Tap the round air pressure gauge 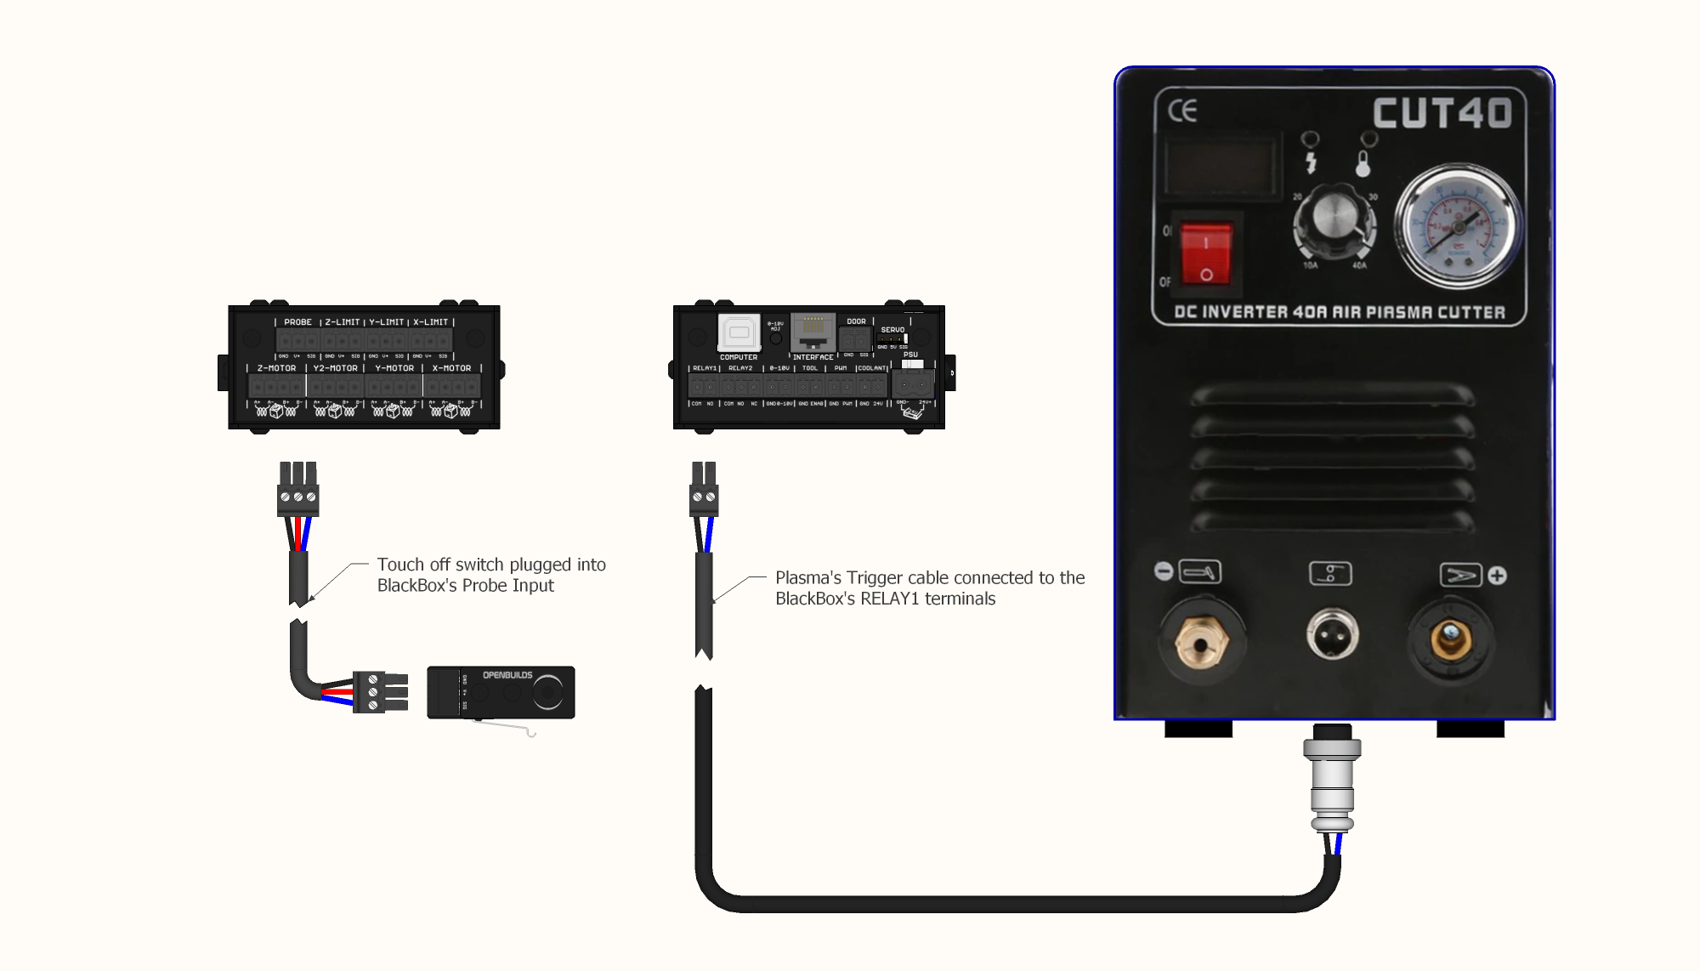click(1459, 227)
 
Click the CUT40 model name click(1442, 113)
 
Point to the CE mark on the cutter click(1182, 111)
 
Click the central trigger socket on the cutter click(1332, 633)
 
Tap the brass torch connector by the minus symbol click(1201, 641)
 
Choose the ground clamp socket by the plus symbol click(1451, 639)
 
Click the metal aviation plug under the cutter click(1332, 778)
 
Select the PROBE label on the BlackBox click(297, 322)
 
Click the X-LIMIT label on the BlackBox click(430, 322)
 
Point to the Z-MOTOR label click(276, 368)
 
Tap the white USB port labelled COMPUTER click(739, 332)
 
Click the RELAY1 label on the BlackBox click(705, 368)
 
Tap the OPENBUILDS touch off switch click(501, 692)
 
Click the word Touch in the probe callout click(399, 565)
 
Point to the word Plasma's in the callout click(807, 578)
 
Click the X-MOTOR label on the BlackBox click(451, 368)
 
